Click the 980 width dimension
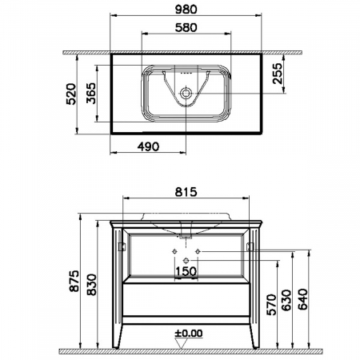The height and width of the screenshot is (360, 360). tap(186, 10)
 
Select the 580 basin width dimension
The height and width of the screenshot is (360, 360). tap(186, 27)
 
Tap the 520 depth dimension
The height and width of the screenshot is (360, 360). tap(71, 94)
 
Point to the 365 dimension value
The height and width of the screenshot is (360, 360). tap(91, 93)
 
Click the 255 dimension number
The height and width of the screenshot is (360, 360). tap(278, 74)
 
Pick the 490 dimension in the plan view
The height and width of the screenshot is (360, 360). tap(148, 146)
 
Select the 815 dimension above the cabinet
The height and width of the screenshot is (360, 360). tap(186, 192)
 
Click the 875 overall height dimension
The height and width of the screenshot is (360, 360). tap(74, 281)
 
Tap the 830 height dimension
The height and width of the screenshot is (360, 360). tap(92, 284)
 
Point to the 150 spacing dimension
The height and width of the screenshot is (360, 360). tap(186, 271)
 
